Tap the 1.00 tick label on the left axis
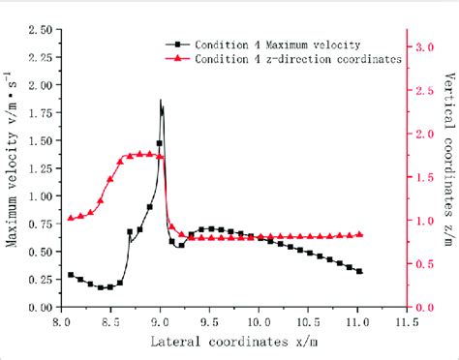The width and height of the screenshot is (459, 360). tap(41, 196)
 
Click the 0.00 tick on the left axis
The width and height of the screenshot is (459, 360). tap(41, 308)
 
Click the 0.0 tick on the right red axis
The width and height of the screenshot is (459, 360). tap(417, 308)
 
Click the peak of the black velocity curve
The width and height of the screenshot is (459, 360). tap(161, 101)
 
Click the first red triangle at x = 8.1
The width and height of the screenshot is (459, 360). tap(71, 218)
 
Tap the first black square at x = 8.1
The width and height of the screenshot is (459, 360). tap(71, 275)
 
